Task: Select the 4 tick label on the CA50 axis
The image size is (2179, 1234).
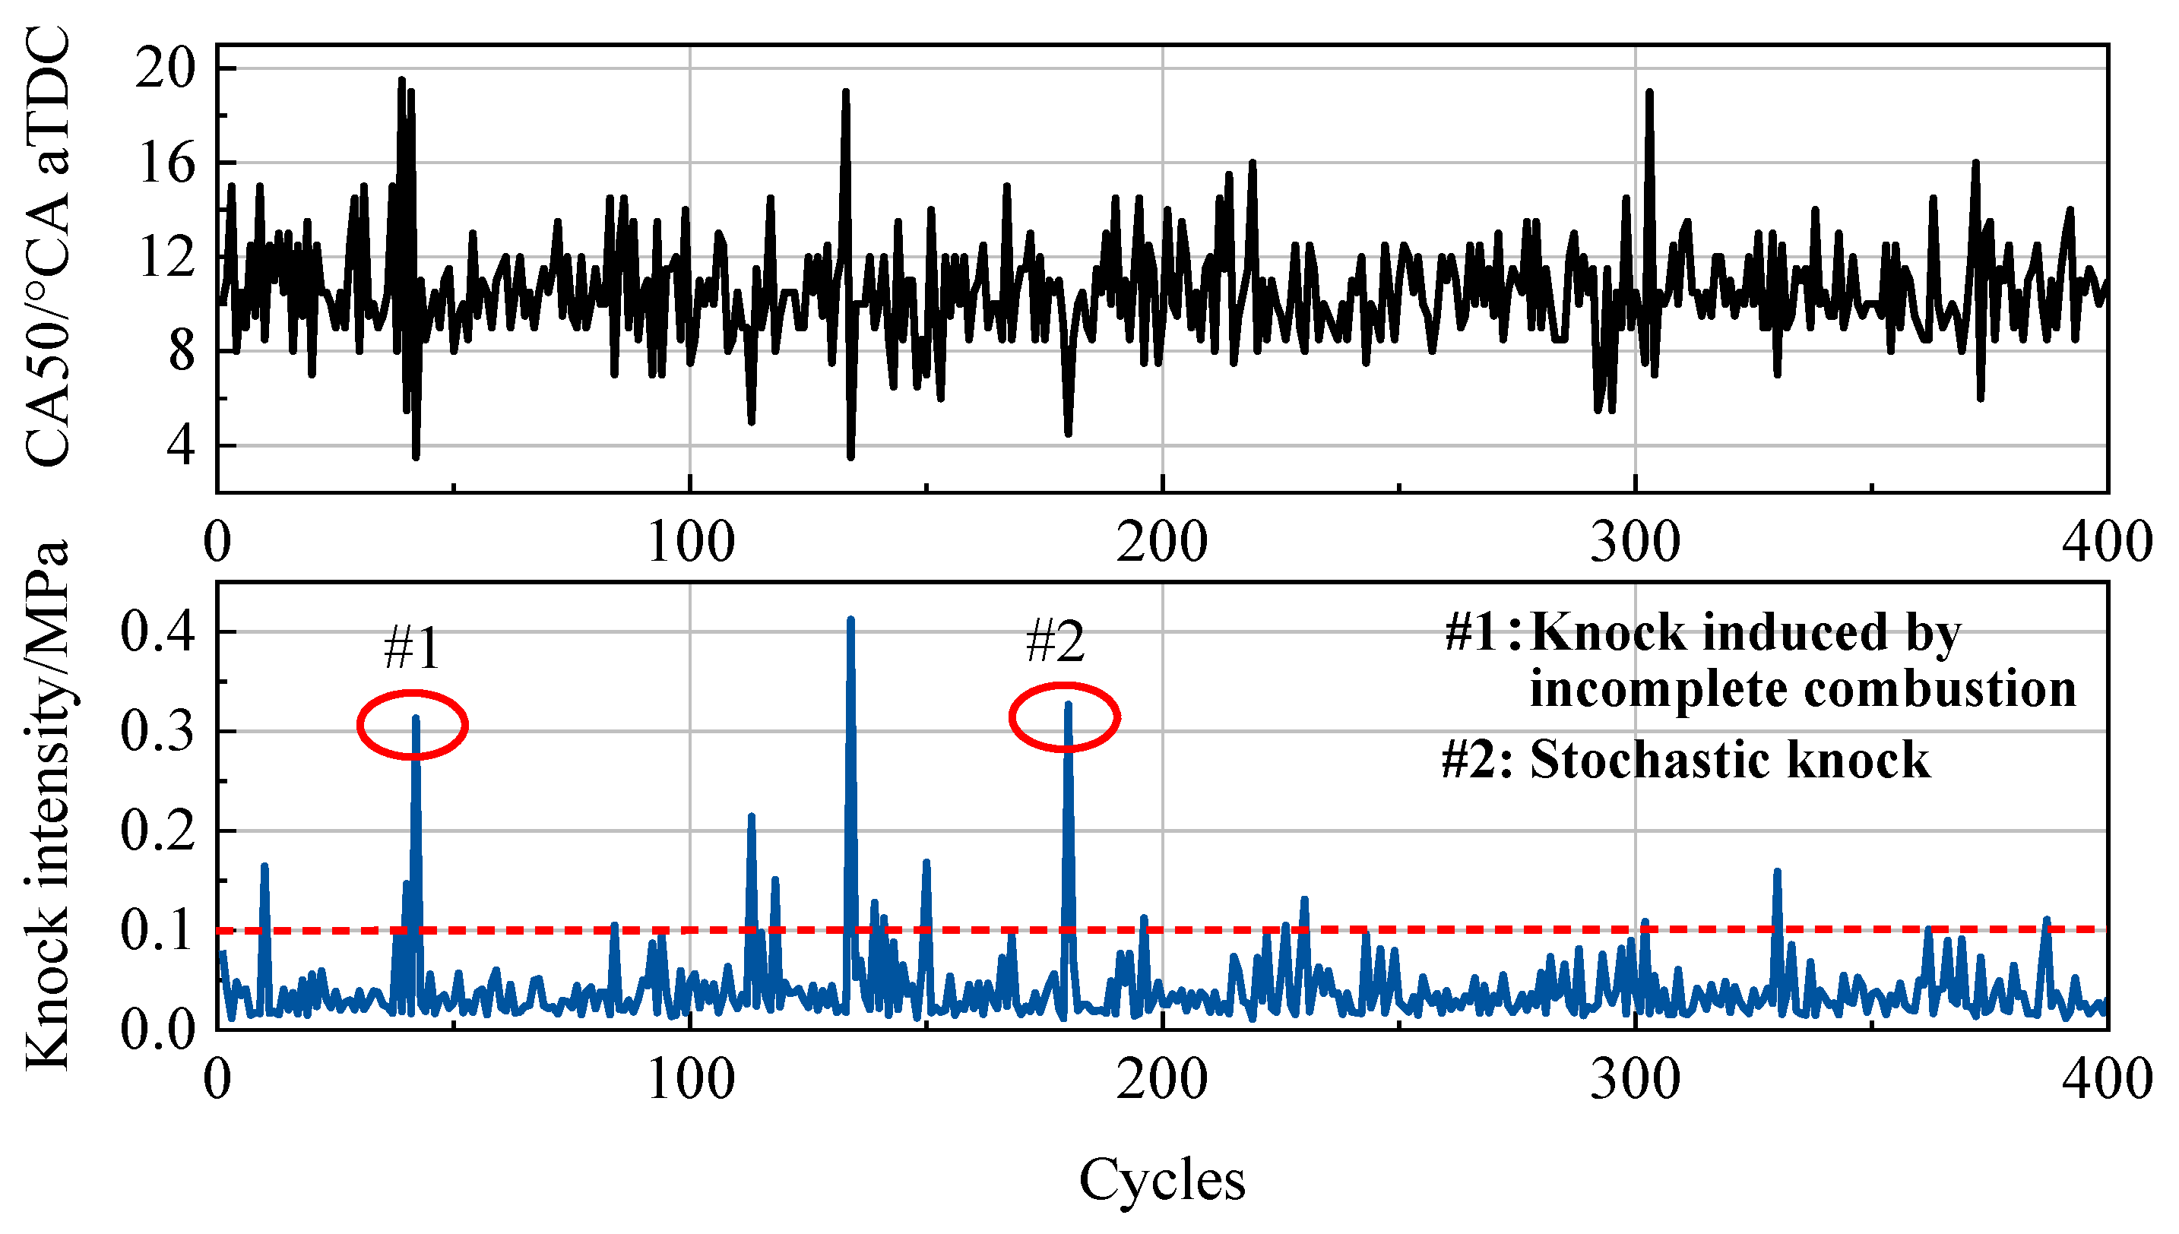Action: click(182, 445)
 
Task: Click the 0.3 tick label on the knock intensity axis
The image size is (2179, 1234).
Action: click(157, 730)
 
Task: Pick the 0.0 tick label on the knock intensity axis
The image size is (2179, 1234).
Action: click(157, 1030)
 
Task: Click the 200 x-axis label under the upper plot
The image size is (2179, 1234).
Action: click(1161, 543)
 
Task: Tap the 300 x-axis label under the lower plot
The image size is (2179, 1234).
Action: click(1634, 1081)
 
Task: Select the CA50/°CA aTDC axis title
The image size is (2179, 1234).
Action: click(46, 245)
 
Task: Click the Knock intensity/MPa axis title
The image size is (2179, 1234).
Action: click(46, 805)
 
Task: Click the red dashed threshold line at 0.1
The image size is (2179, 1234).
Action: click(1441, 930)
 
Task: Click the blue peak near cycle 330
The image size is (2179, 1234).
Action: click(1776, 873)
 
